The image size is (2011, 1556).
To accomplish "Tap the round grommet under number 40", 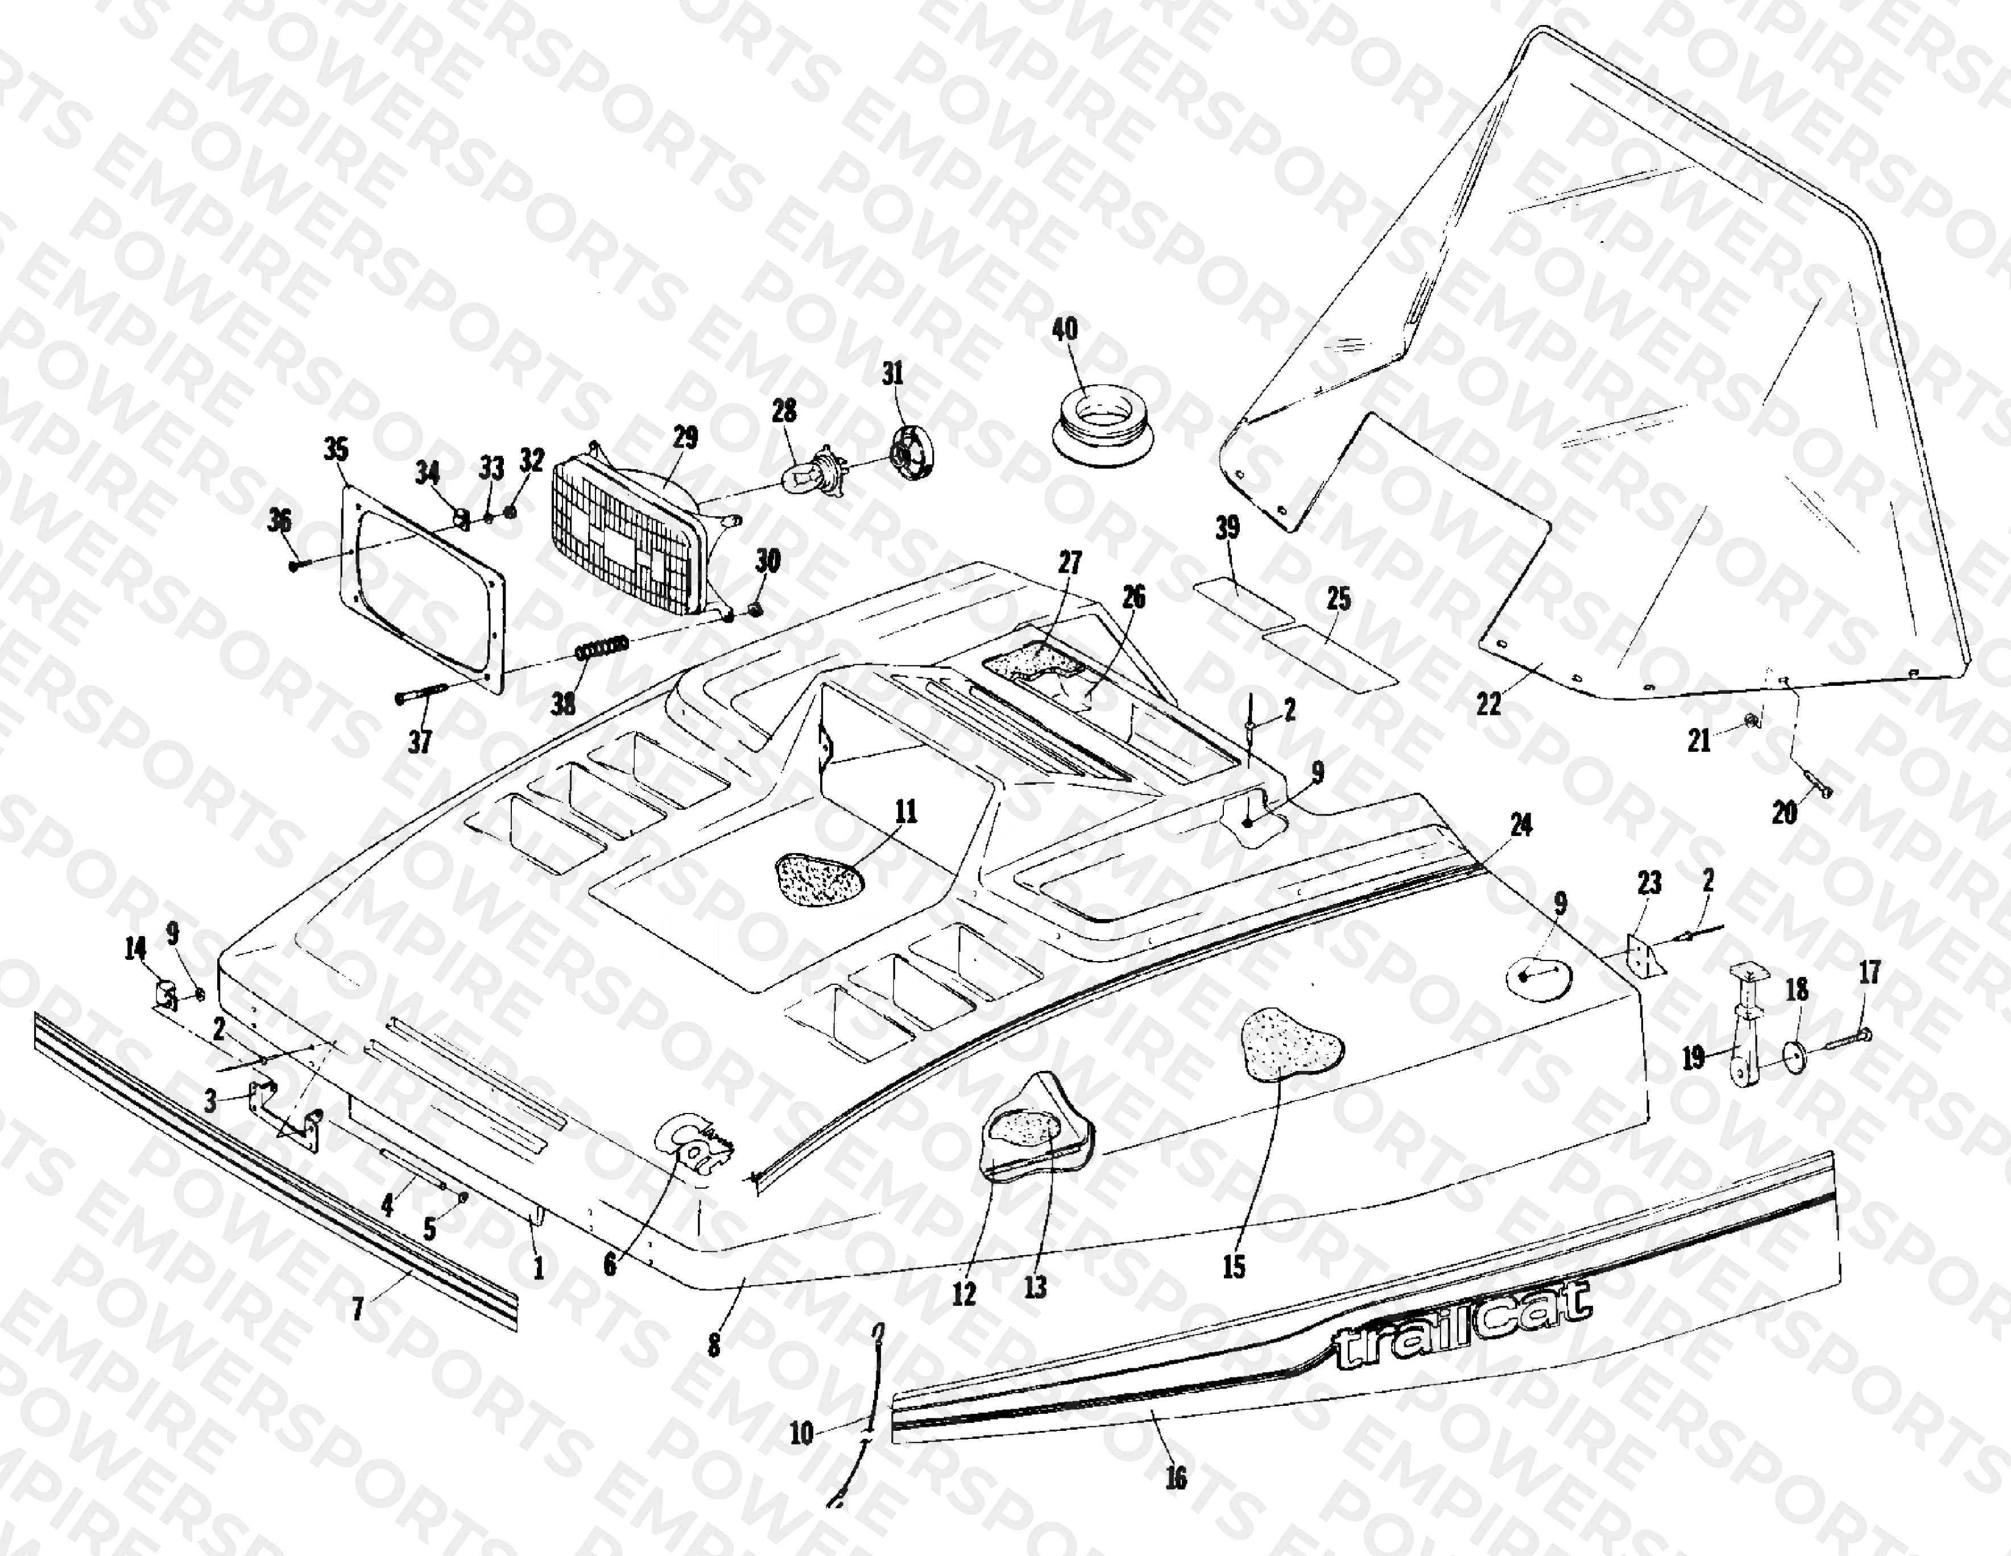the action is (1101, 424).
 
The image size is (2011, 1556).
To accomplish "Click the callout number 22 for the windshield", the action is (1488, 703).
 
